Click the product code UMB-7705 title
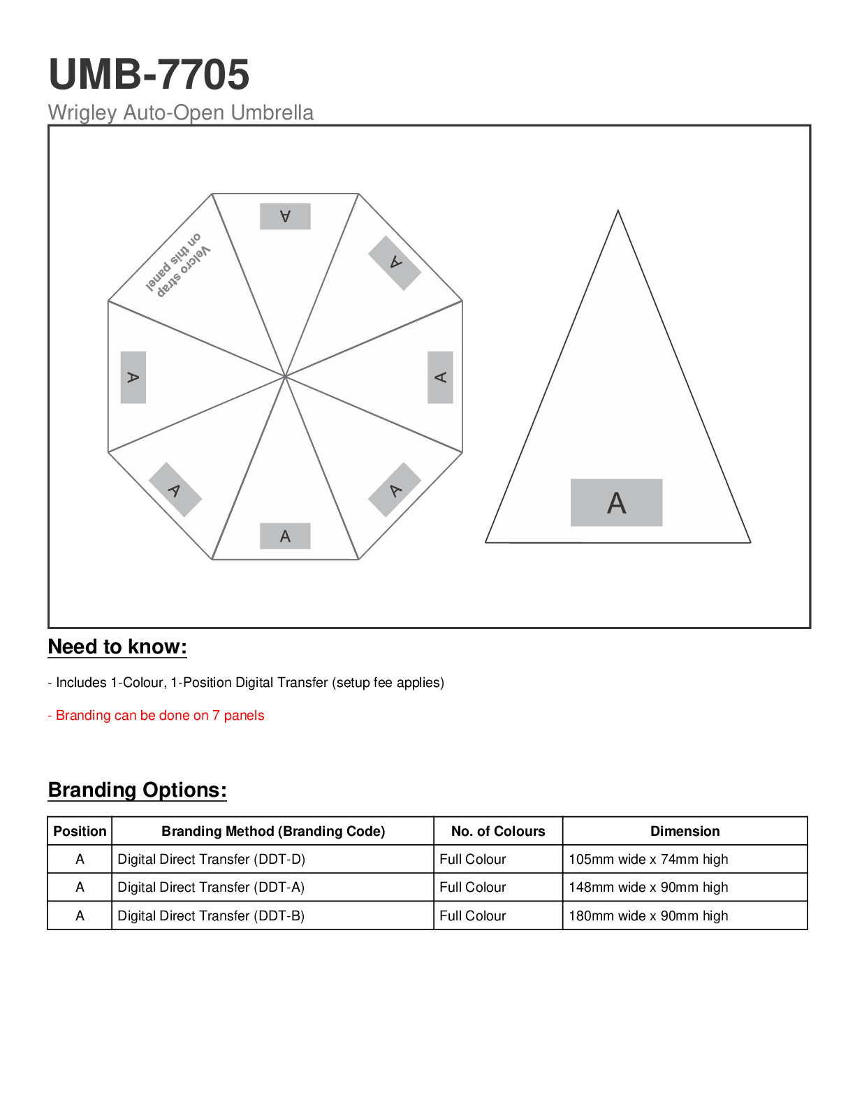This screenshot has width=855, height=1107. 149,74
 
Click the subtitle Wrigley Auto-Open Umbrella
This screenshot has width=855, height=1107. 180,113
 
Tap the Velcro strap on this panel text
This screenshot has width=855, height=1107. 177,265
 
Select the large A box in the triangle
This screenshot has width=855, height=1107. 616,502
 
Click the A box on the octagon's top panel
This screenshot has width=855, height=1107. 285,216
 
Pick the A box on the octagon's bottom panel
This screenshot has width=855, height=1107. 285,536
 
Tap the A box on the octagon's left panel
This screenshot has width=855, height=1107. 133,377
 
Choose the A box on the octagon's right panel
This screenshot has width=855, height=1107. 440,377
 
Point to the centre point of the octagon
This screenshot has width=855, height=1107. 285,376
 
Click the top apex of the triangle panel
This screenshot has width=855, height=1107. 618,211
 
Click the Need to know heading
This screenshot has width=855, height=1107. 117,646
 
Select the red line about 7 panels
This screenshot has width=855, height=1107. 156,715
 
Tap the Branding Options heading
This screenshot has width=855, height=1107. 138,790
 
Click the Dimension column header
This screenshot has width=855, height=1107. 685,831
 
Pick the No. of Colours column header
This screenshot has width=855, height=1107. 498,831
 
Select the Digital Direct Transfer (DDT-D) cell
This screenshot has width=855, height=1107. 211,859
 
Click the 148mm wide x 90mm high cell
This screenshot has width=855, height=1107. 648,887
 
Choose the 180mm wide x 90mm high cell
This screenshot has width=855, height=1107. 648,916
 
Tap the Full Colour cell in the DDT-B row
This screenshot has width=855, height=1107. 473,916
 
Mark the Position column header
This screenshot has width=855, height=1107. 80,831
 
